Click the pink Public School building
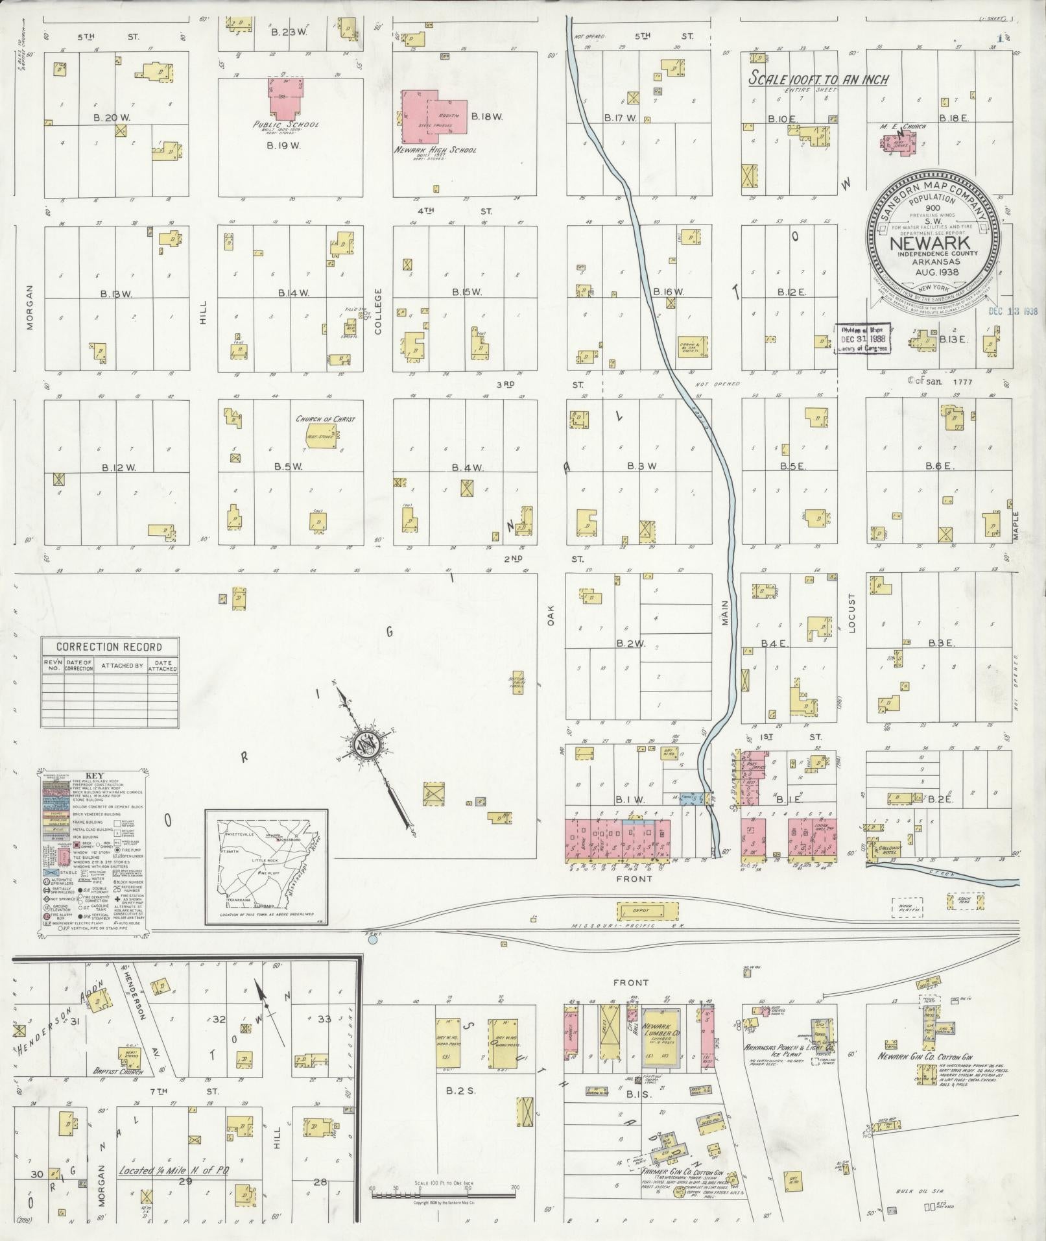(x=286, y=98)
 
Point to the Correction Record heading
(x=109, y=647)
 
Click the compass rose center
(x=366, y=745)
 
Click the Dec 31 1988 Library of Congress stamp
(x=862, y=338)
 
